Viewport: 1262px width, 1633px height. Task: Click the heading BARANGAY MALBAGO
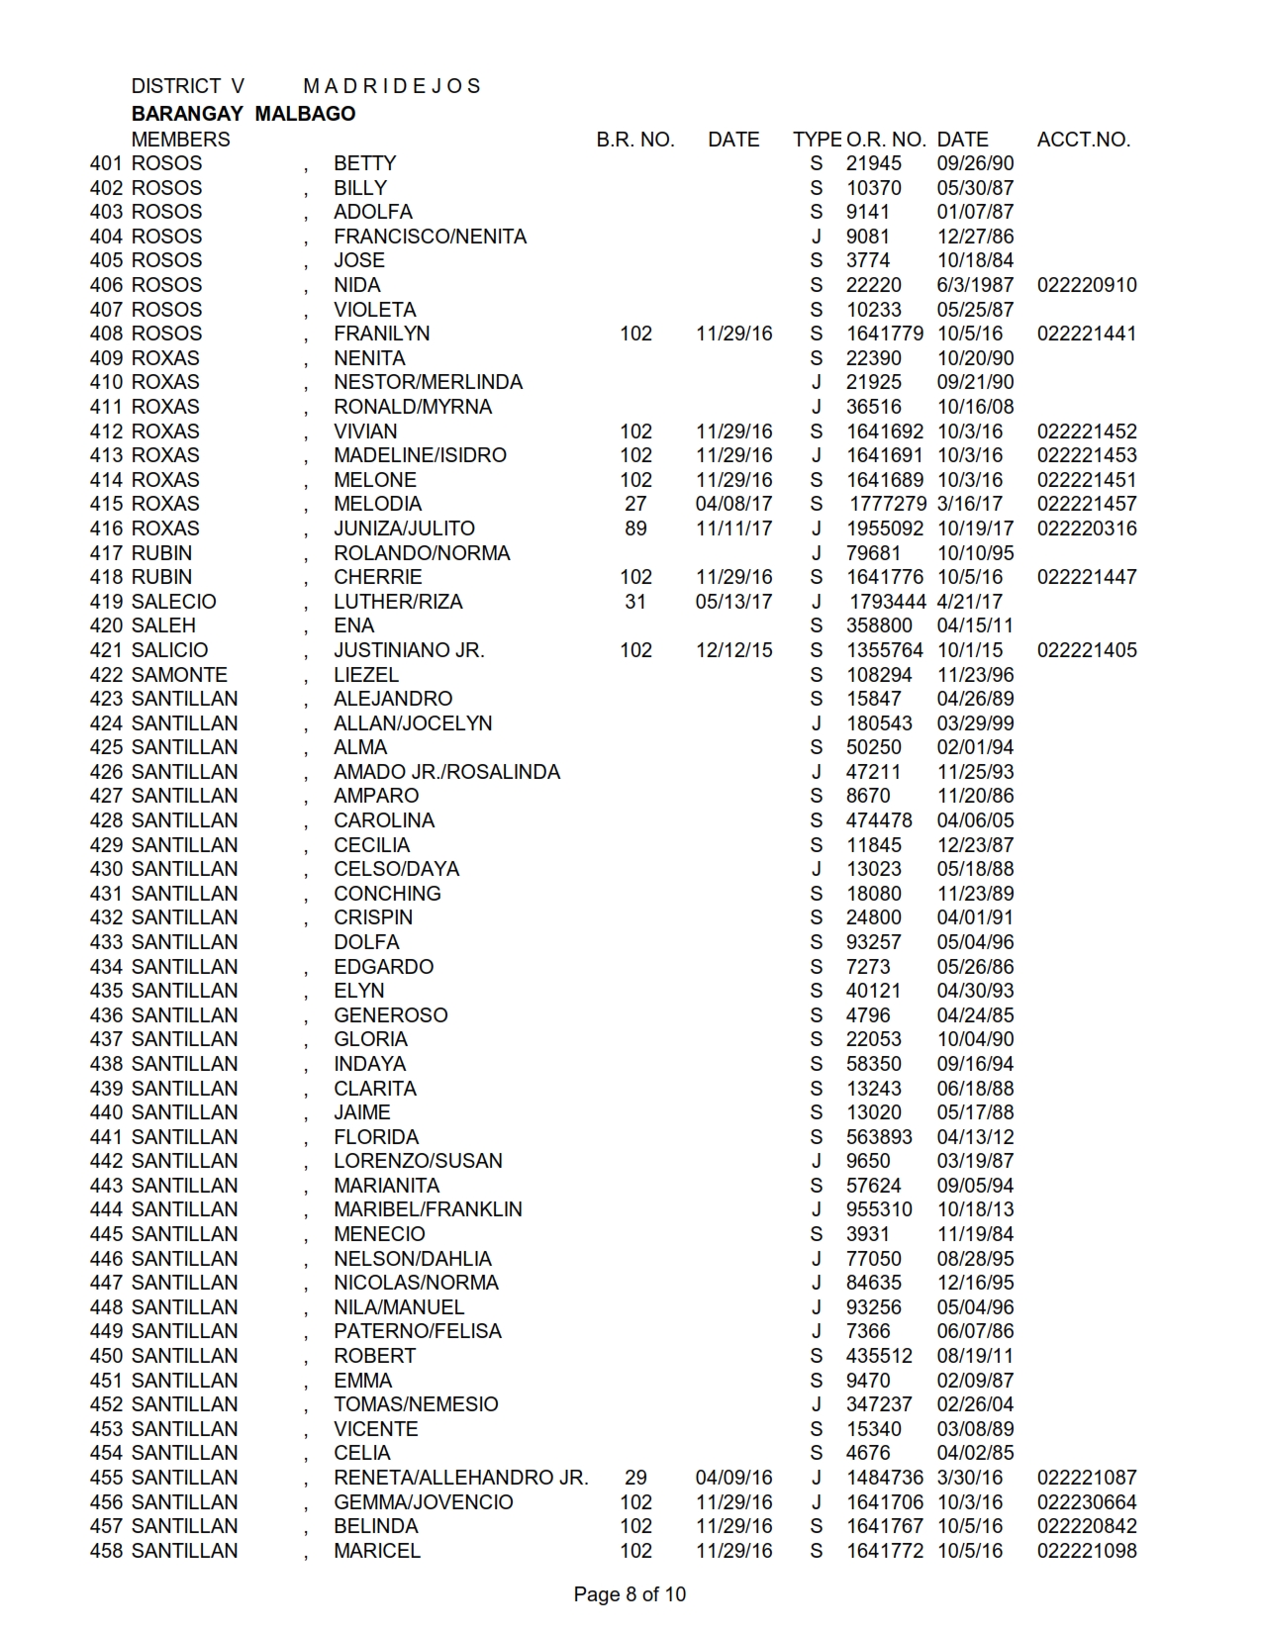(243, 114)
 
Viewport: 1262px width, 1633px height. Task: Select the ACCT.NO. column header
(1083, 140)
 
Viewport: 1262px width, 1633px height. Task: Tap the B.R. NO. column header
(634, 140)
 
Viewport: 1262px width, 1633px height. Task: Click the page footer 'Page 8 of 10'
(630, 1594)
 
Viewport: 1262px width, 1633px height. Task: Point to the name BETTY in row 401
(364, 163)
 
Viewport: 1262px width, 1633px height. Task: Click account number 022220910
(1087, 285)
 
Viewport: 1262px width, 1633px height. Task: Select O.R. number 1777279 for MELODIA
(888, 504)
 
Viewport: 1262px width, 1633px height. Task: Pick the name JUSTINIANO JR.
(409, 650)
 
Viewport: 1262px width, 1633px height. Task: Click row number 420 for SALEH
(106, 625)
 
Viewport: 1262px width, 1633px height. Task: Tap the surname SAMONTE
(179, 675)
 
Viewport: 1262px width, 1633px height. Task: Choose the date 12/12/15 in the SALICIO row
(733, 650)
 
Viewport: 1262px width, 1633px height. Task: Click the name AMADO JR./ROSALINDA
(446, 772)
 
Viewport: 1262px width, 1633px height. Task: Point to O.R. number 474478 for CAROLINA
(879, 820)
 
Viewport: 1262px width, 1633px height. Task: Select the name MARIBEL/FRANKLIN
(428, 1209)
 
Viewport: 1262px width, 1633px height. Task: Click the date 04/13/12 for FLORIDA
(975, 1137)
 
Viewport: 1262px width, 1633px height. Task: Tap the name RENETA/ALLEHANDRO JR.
(460, 1478)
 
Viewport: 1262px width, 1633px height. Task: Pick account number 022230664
(1087, 1502)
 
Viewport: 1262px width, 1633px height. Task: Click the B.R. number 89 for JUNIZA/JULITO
(635, 528)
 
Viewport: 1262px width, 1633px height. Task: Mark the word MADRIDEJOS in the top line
(392, 86)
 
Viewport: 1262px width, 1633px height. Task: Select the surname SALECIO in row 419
(173, 602)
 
